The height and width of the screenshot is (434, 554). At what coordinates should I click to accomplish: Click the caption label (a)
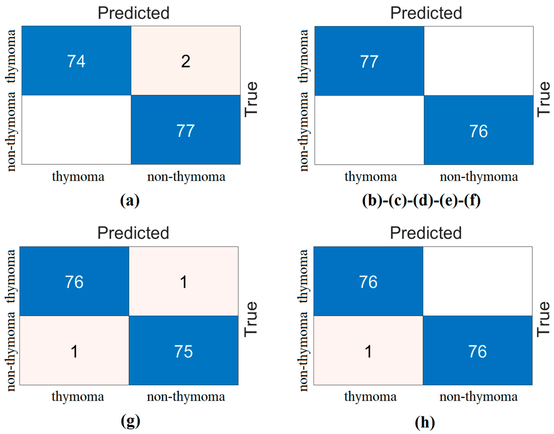130,201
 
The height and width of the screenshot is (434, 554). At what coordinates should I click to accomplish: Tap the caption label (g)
130,421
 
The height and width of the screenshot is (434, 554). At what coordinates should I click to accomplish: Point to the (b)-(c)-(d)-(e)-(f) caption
421,201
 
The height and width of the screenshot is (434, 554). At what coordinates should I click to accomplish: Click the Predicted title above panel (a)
134,13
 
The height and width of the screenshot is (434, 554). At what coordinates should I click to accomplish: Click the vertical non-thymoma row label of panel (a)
11,131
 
